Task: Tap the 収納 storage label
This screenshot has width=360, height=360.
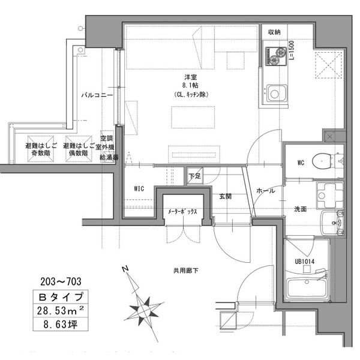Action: click(274, 32)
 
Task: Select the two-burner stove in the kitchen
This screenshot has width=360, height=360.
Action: click(275, 55)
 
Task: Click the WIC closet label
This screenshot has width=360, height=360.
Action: click(139, 188)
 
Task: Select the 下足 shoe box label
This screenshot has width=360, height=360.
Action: click(194, 176)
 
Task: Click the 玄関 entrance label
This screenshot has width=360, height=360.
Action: click(226, 196)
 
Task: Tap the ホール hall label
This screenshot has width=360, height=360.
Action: click(265, 191)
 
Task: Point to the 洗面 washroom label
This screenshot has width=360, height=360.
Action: click(300, 209)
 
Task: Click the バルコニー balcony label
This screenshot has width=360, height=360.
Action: click(97, 95)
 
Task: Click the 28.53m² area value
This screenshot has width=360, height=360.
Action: click(61, 311)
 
